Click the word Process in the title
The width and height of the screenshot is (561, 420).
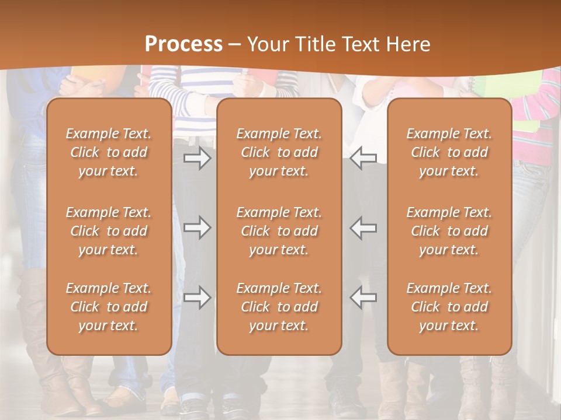pos(183,44)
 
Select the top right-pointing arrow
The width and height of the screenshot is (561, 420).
pos(197,158)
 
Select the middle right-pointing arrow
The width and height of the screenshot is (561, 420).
pos(197,228)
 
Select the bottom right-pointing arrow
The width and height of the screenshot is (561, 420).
pos(197,297)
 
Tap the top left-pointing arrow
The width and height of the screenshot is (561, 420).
pos(363,158)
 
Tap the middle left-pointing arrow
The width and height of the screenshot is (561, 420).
pos(363,228)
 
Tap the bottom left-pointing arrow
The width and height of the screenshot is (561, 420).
pos(363,297)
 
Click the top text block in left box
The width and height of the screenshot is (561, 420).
pos(109,152)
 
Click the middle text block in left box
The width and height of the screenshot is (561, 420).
pos(109,231)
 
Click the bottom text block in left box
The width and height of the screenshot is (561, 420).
pos(109,307)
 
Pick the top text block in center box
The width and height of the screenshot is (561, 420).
pos(279,152)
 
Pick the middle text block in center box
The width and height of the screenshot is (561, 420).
pos(279,231)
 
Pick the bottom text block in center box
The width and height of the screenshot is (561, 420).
pos(279,307)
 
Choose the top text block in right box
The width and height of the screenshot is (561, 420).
pos(449,152)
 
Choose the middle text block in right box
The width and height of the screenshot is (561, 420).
pos(449,231)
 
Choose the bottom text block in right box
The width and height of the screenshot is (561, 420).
pos(449,307)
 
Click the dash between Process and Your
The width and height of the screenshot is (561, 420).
pos(235,45)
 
